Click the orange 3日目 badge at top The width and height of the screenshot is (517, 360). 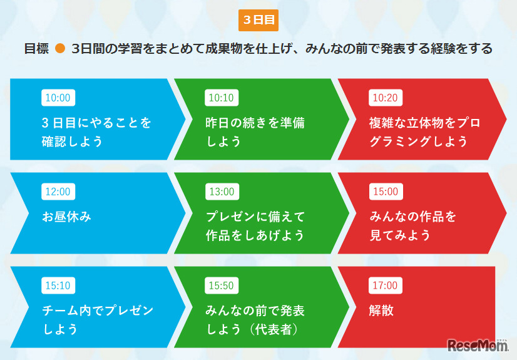(258, 20)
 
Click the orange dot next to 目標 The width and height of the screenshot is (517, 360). (60, 49)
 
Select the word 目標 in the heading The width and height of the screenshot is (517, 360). (36, 49)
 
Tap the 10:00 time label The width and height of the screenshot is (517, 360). (58, 98)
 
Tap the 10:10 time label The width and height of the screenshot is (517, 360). (221, 98)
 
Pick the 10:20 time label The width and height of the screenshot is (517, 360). (385, 98)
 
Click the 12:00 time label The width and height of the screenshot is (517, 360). (58, 192)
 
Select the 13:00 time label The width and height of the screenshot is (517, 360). (221, 192)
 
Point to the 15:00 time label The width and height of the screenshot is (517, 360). (385, 192)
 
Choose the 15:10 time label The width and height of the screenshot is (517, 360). (58, 285)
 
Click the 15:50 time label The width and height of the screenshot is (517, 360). (221, 285)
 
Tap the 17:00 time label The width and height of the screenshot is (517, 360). (385, 285)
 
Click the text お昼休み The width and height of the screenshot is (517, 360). (67, 217)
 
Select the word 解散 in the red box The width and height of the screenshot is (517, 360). (382, 311)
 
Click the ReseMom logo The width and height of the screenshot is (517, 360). (478, 345)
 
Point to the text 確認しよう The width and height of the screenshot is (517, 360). (72, 141)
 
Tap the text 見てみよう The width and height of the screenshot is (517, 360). (401, 235)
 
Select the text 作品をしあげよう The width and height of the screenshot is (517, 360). (255, 235)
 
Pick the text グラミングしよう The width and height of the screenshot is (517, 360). (418, 141)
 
